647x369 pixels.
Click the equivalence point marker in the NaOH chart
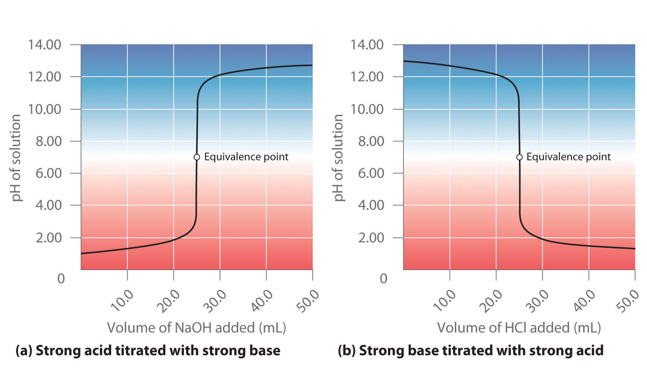pos(197,157)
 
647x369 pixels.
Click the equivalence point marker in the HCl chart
pos(519,157)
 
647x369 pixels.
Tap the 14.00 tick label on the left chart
pos(45,45)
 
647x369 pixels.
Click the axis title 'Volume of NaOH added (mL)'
pos(197,328)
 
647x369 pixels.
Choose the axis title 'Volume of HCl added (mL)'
pos(519,328)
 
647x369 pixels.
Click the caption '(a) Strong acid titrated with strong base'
pos(148,351)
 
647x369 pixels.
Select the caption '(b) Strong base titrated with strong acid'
pos(471,351)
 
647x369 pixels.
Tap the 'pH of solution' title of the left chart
pos(16,158)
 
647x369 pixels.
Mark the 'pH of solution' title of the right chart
pos(338,158)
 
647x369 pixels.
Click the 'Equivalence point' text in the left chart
pos(246,157)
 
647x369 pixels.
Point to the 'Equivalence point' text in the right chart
pos(569,157)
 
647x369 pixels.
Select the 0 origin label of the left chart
pos(61,278)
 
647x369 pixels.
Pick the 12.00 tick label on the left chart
pos(45,77)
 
